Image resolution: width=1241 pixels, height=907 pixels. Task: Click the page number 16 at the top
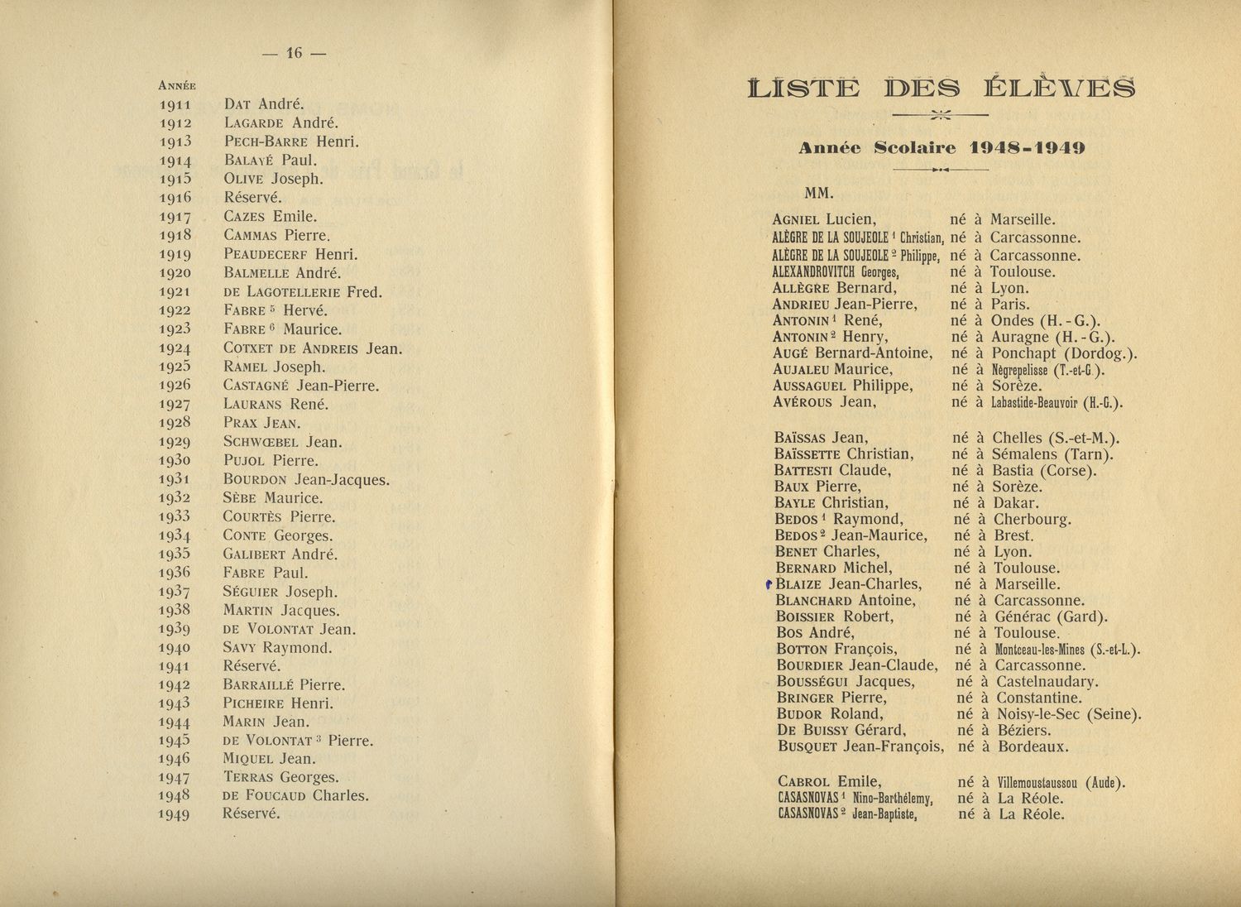(294, 53)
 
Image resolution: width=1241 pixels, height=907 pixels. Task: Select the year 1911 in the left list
(175, 105)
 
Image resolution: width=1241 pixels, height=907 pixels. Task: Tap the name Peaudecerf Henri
(290, 254)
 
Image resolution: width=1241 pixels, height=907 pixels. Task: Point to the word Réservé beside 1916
(252, 198)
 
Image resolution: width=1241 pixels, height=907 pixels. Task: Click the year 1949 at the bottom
(175, 814)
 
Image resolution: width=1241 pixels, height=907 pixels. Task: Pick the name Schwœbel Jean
(282, 442)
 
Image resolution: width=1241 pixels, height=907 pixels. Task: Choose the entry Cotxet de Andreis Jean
(312, 348)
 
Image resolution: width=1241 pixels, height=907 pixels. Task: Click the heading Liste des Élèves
(941, 88)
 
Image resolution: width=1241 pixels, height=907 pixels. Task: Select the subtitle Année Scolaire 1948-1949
(941, 148)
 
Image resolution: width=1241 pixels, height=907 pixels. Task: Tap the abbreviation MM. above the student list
(819, 194)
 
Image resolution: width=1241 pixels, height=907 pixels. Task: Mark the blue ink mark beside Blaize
(769, 584)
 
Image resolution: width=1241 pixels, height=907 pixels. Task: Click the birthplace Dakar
(1016, 503)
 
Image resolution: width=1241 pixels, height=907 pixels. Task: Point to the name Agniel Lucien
(823, 220)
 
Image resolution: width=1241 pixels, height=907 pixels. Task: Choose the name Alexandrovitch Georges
(836, 271)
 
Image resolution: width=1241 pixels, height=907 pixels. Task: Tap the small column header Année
(176, 85)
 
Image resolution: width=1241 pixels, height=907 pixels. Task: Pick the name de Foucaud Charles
(295, 796)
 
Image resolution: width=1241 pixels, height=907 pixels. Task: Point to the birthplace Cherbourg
(1032, 520)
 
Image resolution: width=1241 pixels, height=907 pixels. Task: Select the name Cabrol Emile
(829, 782)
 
